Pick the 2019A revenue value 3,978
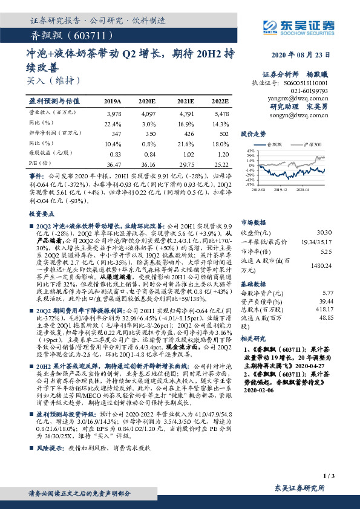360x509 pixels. click(x=114, y=113)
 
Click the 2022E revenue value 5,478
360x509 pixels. click(x=220, y=113)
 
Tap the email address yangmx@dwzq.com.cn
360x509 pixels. click(x=301, y=97)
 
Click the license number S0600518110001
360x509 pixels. click(x=306, y=82)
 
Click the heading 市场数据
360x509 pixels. click(x=253, y=222)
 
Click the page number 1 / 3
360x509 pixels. click(x=329, y=477)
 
